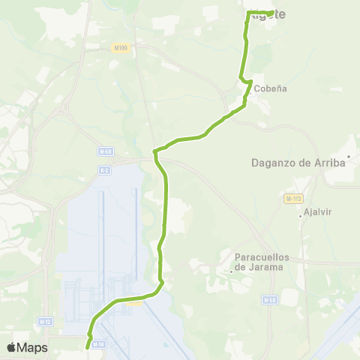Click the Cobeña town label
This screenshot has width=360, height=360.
click(271, 88)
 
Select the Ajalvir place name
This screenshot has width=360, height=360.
click(318, 211)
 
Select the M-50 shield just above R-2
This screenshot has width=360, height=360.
click(106, 151)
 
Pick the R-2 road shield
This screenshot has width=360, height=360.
click(103, 169)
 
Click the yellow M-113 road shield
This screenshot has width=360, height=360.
click(293, 199)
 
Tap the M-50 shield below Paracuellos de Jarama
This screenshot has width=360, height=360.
click(269, 300)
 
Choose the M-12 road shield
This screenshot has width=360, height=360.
click(46, 322)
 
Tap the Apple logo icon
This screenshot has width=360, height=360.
click(11, 347)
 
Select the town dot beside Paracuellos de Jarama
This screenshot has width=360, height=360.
click(232, 271)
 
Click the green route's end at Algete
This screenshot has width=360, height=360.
click(271, 12)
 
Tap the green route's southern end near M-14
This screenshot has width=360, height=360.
click(87, 347)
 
